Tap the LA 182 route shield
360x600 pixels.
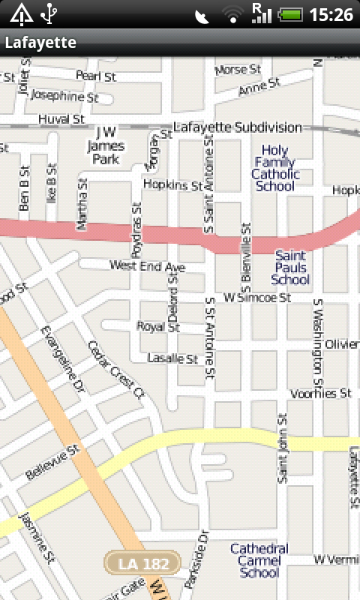click(x=142, y=562)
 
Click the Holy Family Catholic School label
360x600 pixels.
click(x=275, y=169)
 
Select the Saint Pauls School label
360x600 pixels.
click(x=290, y=268)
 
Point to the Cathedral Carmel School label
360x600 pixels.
click(x=259, y=560)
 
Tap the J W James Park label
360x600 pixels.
click(x=106, y=146)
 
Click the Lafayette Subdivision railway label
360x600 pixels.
click(x=237, y=127)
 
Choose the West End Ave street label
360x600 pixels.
click(x=147, y=266)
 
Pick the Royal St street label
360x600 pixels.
click(x=158, y=327)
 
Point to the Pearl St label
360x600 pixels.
click(x=95, y=76)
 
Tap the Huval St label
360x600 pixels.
click(x=61, y=118)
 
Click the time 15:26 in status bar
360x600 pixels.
click(x=331, y=14)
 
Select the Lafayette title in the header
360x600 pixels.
click(x=40, y=43)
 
